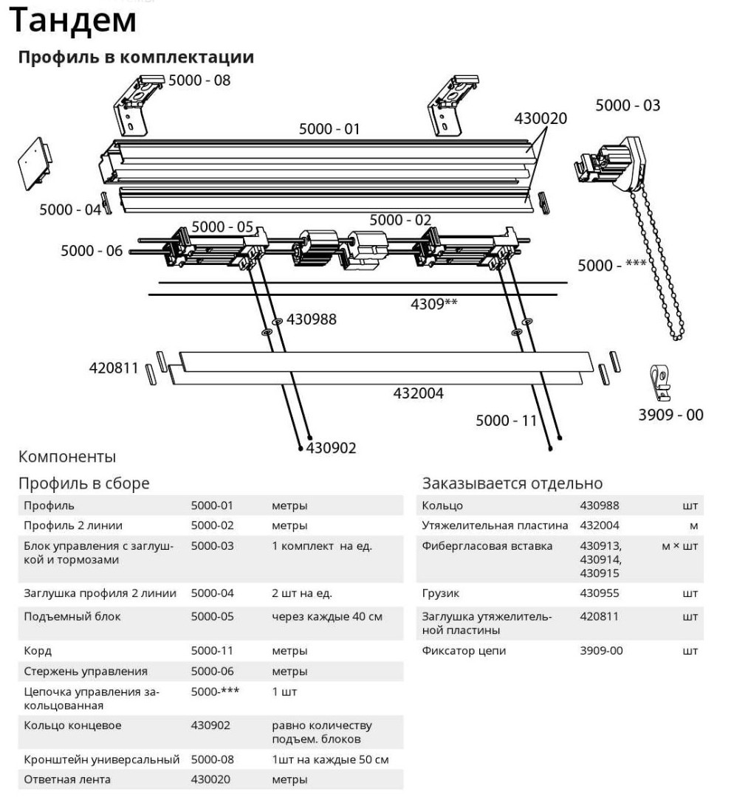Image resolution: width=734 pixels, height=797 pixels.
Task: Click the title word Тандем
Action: coord(73,21)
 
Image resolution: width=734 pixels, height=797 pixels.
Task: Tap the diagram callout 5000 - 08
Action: coord(199,80)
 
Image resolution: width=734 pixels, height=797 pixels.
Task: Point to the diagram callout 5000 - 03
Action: coord(628,106)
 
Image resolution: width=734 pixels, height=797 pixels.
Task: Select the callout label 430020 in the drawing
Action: coord(541,118)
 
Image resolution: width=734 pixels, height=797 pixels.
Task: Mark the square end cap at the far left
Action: coord(35,163)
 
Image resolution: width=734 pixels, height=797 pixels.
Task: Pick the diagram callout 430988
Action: coord(312,320)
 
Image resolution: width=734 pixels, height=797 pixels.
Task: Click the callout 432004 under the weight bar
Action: coord(418,393)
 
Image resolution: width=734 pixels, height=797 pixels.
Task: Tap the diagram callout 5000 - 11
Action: coord(506,421)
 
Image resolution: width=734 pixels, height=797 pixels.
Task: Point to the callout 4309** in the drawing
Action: coord(434,303)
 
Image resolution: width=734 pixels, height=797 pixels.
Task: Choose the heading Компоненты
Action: coord(67,457)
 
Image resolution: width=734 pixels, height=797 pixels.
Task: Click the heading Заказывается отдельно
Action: coord(512,483)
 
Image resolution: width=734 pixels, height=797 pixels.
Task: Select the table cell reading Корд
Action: coord(38,651)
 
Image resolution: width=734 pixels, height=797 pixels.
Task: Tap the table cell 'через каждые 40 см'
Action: coord(327,616)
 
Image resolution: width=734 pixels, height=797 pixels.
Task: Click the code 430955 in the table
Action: coord(600,593)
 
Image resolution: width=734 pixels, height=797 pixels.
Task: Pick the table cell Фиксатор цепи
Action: coord(464,651)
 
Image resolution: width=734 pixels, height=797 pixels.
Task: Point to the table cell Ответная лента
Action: coord(67,779)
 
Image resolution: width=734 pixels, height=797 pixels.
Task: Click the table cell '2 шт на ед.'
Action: coord(301,593)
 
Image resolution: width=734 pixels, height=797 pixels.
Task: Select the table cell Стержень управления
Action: coord(86,672)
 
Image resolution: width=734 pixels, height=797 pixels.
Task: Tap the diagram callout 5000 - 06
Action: coord(92,251)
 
